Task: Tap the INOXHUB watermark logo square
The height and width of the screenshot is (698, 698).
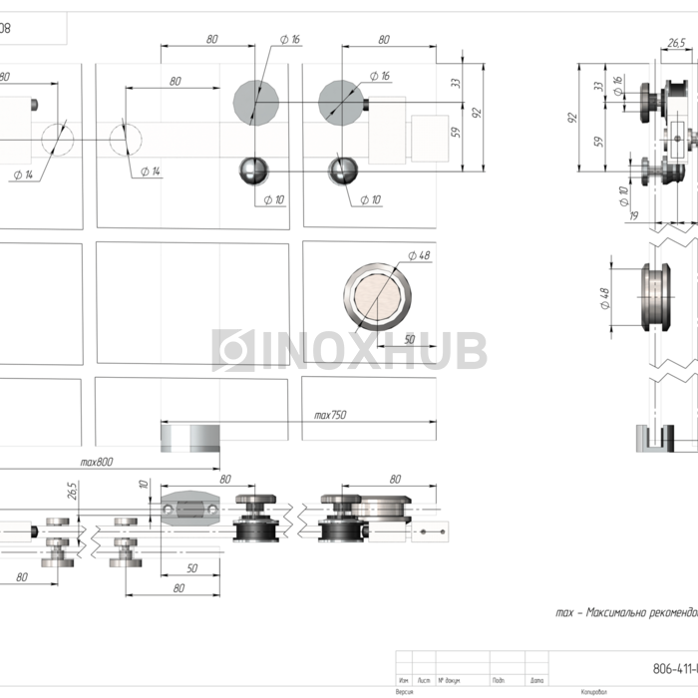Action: click(234, 350)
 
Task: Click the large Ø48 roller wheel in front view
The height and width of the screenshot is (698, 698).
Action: click(378, 297)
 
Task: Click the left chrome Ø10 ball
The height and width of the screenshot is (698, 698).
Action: click(254, 170)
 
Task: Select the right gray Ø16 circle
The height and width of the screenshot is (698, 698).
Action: click(343, 100)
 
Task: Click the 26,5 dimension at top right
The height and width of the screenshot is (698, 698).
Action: click(676, 43)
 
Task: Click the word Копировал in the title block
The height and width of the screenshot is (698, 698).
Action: click(592, 690)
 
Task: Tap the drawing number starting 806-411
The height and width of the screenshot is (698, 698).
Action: click(673, 669)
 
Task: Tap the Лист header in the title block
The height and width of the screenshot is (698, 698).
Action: click(425, 681)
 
